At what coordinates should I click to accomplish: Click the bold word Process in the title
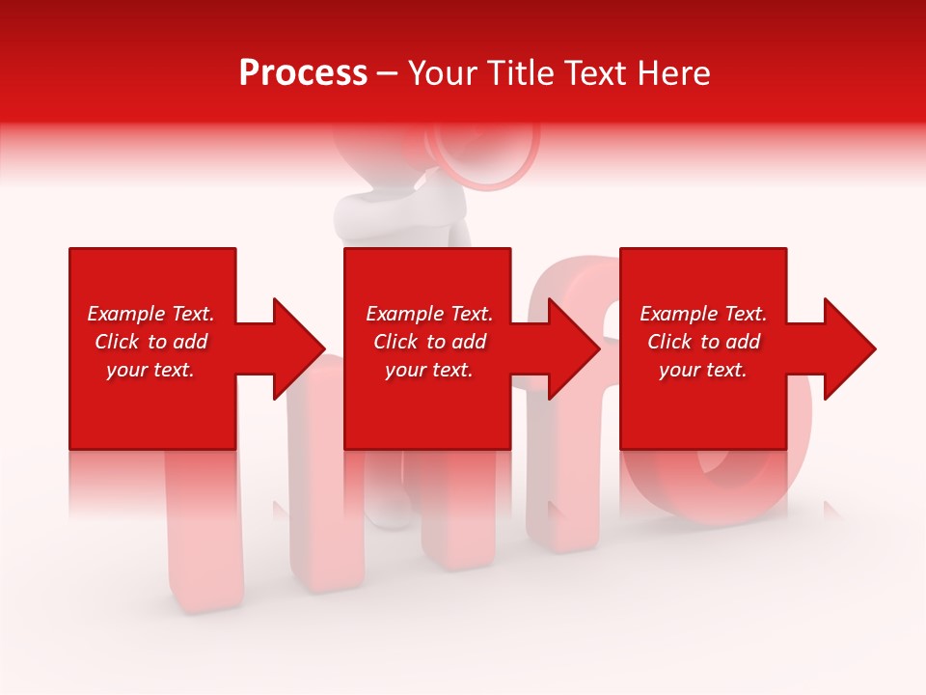303,73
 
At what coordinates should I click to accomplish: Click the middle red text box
427,415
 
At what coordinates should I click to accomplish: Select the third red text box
702,415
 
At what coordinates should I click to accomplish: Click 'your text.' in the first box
150,370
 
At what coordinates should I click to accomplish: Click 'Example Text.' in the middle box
429,314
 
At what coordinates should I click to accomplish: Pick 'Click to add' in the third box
704,342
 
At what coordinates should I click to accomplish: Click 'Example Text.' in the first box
150,314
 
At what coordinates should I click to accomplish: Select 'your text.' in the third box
703,370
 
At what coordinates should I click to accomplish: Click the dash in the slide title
388,74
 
